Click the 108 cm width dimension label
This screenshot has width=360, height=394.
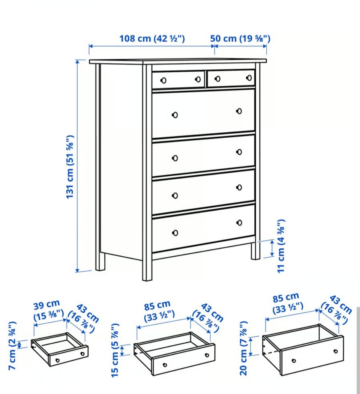152,39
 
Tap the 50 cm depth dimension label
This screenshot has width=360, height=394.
240,39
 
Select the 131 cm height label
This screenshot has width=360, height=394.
70,167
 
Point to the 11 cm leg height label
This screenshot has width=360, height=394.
281,246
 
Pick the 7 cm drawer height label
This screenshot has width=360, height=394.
12,346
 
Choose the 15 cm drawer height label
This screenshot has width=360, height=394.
115,350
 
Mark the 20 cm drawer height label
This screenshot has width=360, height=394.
243,348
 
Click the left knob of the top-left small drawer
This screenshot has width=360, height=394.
163,81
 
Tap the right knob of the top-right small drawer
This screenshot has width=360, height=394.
249,78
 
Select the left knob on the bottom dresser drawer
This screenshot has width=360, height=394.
175,233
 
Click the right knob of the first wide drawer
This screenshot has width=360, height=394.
239,111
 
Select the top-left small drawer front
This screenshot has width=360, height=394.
178,80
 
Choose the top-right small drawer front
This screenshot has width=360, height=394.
231,78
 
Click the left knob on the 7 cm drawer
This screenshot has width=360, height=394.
57,360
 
